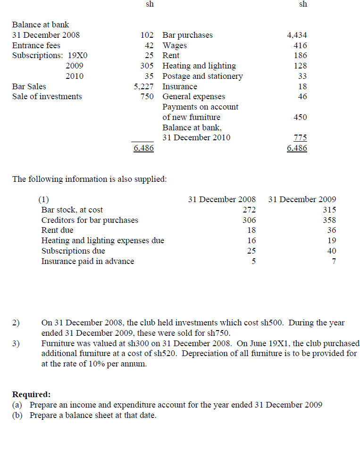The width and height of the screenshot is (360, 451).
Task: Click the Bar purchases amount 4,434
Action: [x=297, y=35]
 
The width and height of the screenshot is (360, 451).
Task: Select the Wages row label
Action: [x=175, y=46]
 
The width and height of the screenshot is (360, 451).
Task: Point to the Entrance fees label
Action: [x=36, y=46]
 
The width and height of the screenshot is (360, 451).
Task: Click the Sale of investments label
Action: [x=47, y=97]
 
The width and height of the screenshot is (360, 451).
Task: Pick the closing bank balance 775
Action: [x=300, y=138]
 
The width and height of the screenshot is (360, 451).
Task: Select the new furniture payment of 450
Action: [x=300, y=117]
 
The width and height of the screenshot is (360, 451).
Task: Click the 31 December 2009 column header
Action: [x=302, y=200]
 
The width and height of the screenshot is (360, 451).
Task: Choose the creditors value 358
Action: [x=329, y=221]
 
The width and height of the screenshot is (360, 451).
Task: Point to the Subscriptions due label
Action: [x=73, y=251]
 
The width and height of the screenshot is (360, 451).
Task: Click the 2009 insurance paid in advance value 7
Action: [x=334, y=262]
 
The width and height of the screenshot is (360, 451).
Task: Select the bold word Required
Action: [x=31, y=394]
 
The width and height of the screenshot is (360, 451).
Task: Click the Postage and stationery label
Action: [x=202, y=77]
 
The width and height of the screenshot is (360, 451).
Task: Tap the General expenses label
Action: [x=193, y=97]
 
